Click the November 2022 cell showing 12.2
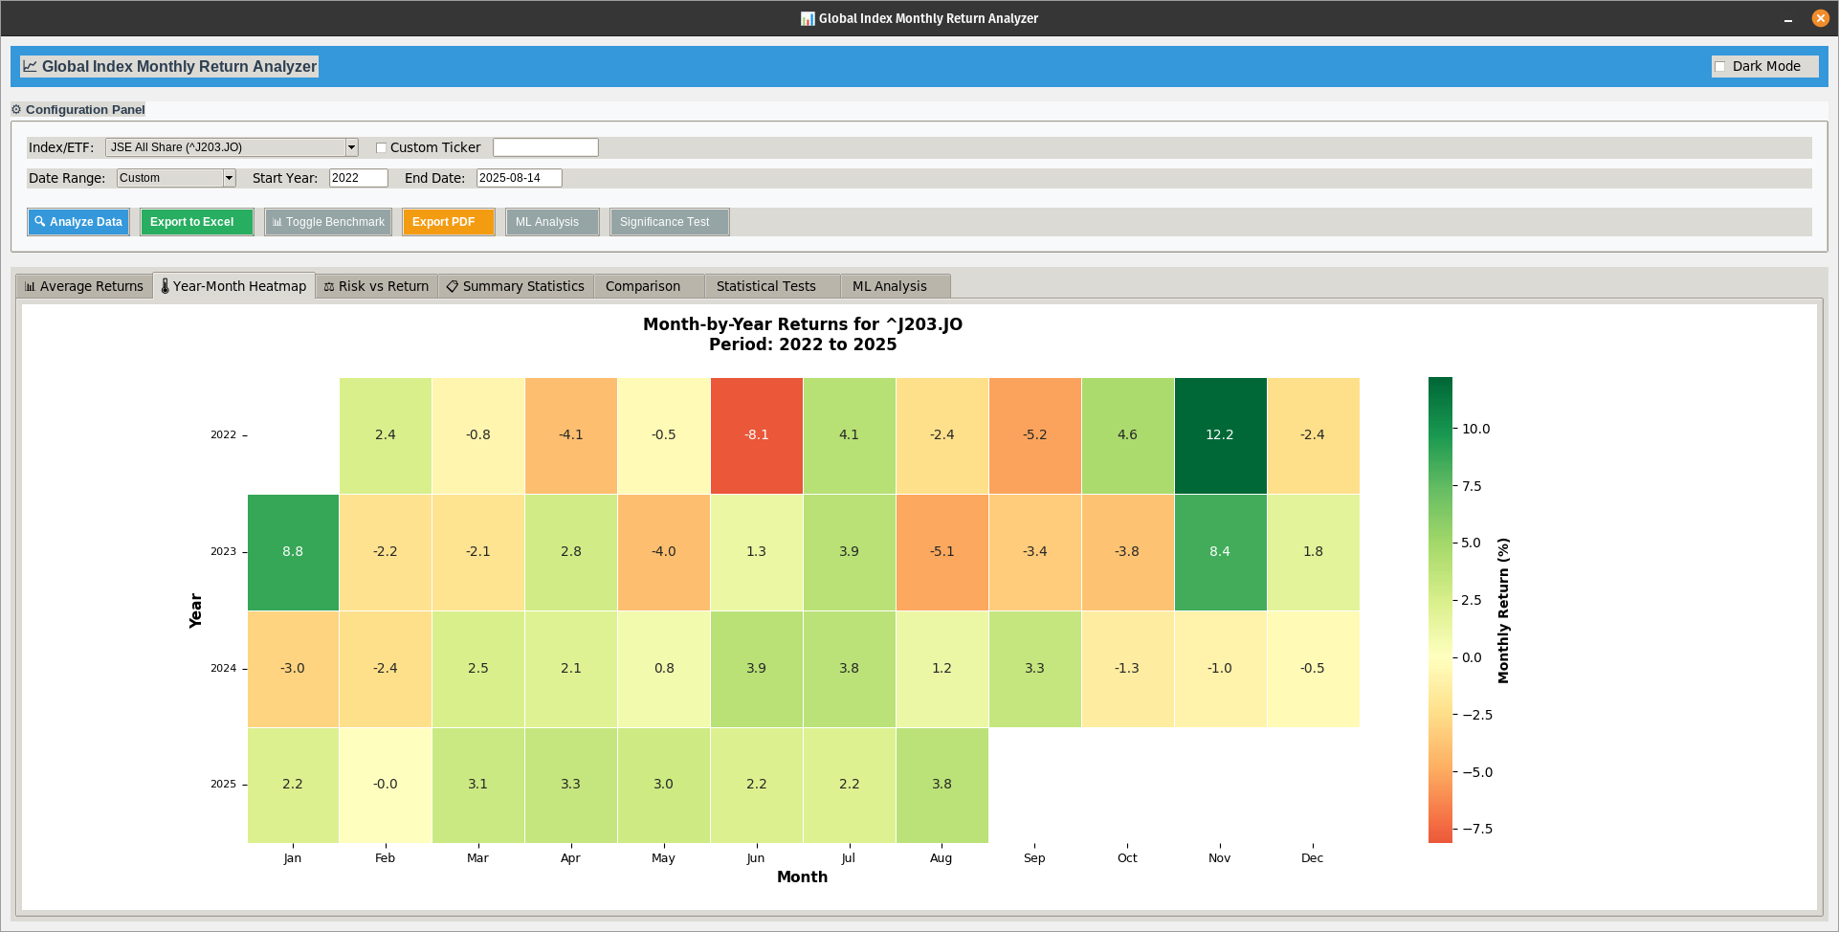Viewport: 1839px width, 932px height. point(1220,435)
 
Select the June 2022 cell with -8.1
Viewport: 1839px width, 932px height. point(756,435)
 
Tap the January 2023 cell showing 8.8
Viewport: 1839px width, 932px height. point(293,552)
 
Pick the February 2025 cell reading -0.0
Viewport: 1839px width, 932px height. point(385,785)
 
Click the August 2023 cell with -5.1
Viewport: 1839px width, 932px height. point(942,552)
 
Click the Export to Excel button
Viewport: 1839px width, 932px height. point(196,222)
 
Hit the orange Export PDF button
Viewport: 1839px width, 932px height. point(448,222)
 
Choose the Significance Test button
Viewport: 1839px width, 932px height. point(669,222)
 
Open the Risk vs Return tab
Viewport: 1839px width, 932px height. point(377,286)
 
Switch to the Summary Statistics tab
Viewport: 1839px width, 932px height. point(516,286)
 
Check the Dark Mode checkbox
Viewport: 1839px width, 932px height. point(1720,67)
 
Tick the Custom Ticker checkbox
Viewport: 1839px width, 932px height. point(382,147)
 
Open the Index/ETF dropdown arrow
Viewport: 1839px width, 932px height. point(351,147)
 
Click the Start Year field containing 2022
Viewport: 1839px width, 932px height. point(358,178)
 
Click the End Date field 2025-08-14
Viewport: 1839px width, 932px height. point(518,178)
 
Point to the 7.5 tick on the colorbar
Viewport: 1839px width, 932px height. point(1471,486)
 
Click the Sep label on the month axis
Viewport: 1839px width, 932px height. point(1034,858)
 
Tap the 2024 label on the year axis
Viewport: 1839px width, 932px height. point(223,669)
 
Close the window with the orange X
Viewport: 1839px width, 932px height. point(1820,18)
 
